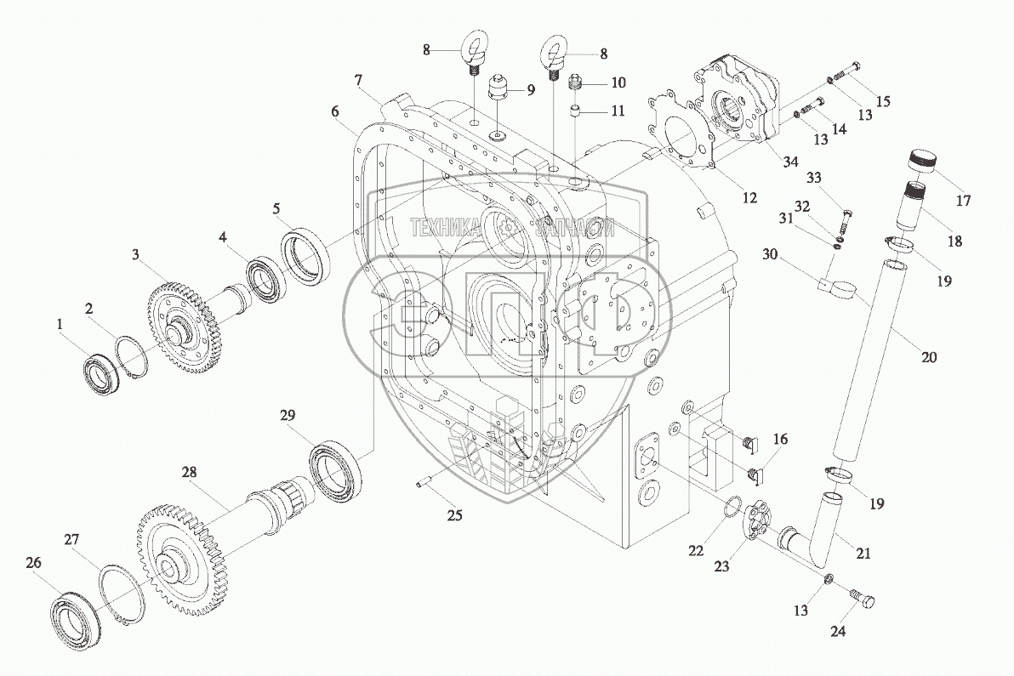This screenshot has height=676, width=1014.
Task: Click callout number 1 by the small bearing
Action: [x=59, y=324]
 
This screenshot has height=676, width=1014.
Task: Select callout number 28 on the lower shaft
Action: [x=187, y=470]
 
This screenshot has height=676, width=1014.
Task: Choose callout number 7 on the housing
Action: [x=359, y=81]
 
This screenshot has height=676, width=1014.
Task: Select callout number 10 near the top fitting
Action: [x=617, y=82]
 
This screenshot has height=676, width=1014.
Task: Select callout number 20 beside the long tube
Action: [x=928, y=358]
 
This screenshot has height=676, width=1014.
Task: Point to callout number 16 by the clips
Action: [x=780, y=440]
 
